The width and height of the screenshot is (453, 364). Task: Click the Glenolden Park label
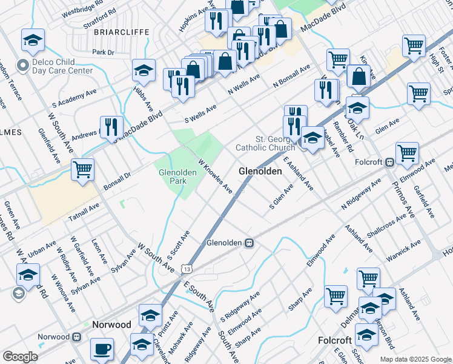tap(177, 177)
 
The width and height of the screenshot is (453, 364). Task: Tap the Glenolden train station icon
tap(248, 243)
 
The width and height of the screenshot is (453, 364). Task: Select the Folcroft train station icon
tap(389, 163)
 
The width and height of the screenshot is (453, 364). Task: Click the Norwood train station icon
tap(77, 337)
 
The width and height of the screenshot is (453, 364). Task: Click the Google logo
tap(20, 357)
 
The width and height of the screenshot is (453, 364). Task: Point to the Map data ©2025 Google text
tap(415, 359)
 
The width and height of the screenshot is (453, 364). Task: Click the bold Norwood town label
tap(111, 325)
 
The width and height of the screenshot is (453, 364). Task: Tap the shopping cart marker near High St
tap(414, 45)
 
